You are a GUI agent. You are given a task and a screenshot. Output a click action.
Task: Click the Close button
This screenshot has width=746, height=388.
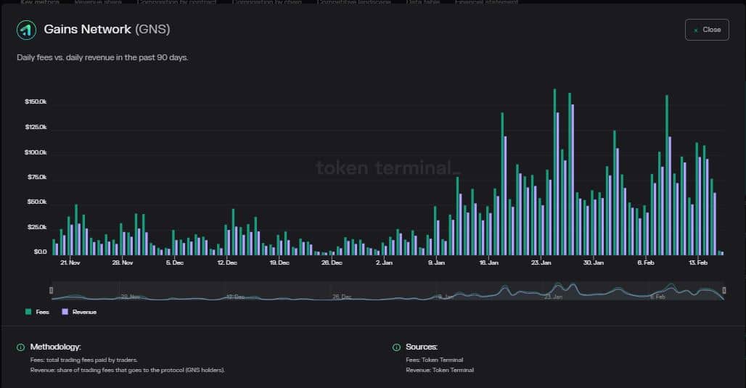pos(706,30)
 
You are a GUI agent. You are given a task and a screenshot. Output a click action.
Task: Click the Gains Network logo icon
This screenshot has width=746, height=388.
pos(27,30)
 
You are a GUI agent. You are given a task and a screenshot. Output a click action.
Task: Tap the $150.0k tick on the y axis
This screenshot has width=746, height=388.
pos(36,102)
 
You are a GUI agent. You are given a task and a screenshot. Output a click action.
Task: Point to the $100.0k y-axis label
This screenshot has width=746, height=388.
pos(36,152)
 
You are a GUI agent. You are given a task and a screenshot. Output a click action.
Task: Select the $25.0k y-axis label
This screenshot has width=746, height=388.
pos(36,227)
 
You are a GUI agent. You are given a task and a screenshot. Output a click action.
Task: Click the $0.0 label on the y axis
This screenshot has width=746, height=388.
pos(40,252)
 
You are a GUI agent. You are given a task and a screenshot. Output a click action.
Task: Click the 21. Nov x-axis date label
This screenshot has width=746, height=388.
pos(70,263)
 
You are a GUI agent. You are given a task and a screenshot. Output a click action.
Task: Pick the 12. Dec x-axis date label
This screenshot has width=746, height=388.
pos(227,263)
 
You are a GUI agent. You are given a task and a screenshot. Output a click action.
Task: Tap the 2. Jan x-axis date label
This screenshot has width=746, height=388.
pos(385,263)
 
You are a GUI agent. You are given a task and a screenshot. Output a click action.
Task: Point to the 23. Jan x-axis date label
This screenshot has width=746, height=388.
pos(541,263)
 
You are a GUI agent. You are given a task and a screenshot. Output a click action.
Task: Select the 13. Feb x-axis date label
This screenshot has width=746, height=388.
pos(697,263)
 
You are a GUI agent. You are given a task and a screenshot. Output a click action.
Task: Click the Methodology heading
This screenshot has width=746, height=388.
pos(55,347)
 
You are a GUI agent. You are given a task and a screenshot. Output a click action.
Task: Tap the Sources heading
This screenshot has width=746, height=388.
pos(422,347)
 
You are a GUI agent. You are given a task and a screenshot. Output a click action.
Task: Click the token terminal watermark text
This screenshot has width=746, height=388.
pos(388,168)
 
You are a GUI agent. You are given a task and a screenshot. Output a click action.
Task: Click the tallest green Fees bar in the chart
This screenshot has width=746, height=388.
pos(554,172)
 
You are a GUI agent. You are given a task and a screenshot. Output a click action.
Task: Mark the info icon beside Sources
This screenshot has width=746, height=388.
pos(396,347)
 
